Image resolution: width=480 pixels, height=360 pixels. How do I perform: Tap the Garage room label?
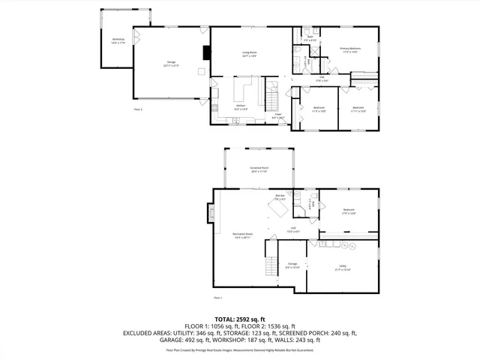click(x=172, y=64)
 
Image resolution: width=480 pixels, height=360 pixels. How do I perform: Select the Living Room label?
click(x=249, y=54)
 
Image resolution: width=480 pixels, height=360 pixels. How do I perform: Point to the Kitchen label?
click(x=241, y=107)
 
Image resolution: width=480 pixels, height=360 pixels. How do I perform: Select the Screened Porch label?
click(x=259, y=169)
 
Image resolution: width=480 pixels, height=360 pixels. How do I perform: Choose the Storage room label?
click(x=292, y=265)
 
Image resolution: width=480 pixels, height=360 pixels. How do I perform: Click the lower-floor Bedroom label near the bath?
click(x=349, y=211)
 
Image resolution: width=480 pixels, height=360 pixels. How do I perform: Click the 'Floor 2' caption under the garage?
click(x=138, y=109)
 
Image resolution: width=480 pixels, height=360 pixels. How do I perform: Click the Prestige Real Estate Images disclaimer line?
click(x=240, y=349)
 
